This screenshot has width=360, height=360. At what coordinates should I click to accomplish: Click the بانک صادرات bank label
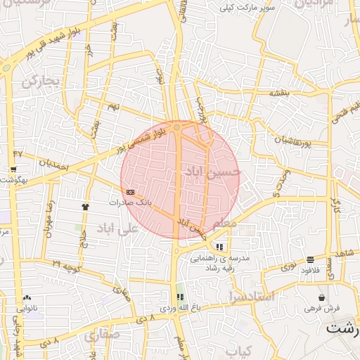(x=130, y=202)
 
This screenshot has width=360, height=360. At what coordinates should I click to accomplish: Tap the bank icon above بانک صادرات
(x=130, y=191)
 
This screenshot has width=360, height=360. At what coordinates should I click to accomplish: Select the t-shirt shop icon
(x=86, y=207)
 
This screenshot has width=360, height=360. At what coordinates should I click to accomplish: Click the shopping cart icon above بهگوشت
(x=13, y=169)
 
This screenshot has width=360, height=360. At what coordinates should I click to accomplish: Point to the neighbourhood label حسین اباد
(x=211, y=171)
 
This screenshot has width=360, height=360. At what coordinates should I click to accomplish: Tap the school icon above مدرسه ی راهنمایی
(x=220, y=247)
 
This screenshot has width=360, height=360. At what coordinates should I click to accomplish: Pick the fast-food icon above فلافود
(x=310, y=259)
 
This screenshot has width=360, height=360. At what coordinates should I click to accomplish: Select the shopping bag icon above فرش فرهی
(x=321, y=297)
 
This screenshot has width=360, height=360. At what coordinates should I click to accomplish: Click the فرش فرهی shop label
(x=321, y=308)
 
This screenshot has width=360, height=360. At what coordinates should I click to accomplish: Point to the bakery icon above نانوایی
(x=27, y=297)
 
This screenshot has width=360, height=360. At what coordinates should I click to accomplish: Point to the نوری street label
(x=289, y=266)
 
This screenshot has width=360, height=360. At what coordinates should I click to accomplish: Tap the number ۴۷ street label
(x=18, y=153)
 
